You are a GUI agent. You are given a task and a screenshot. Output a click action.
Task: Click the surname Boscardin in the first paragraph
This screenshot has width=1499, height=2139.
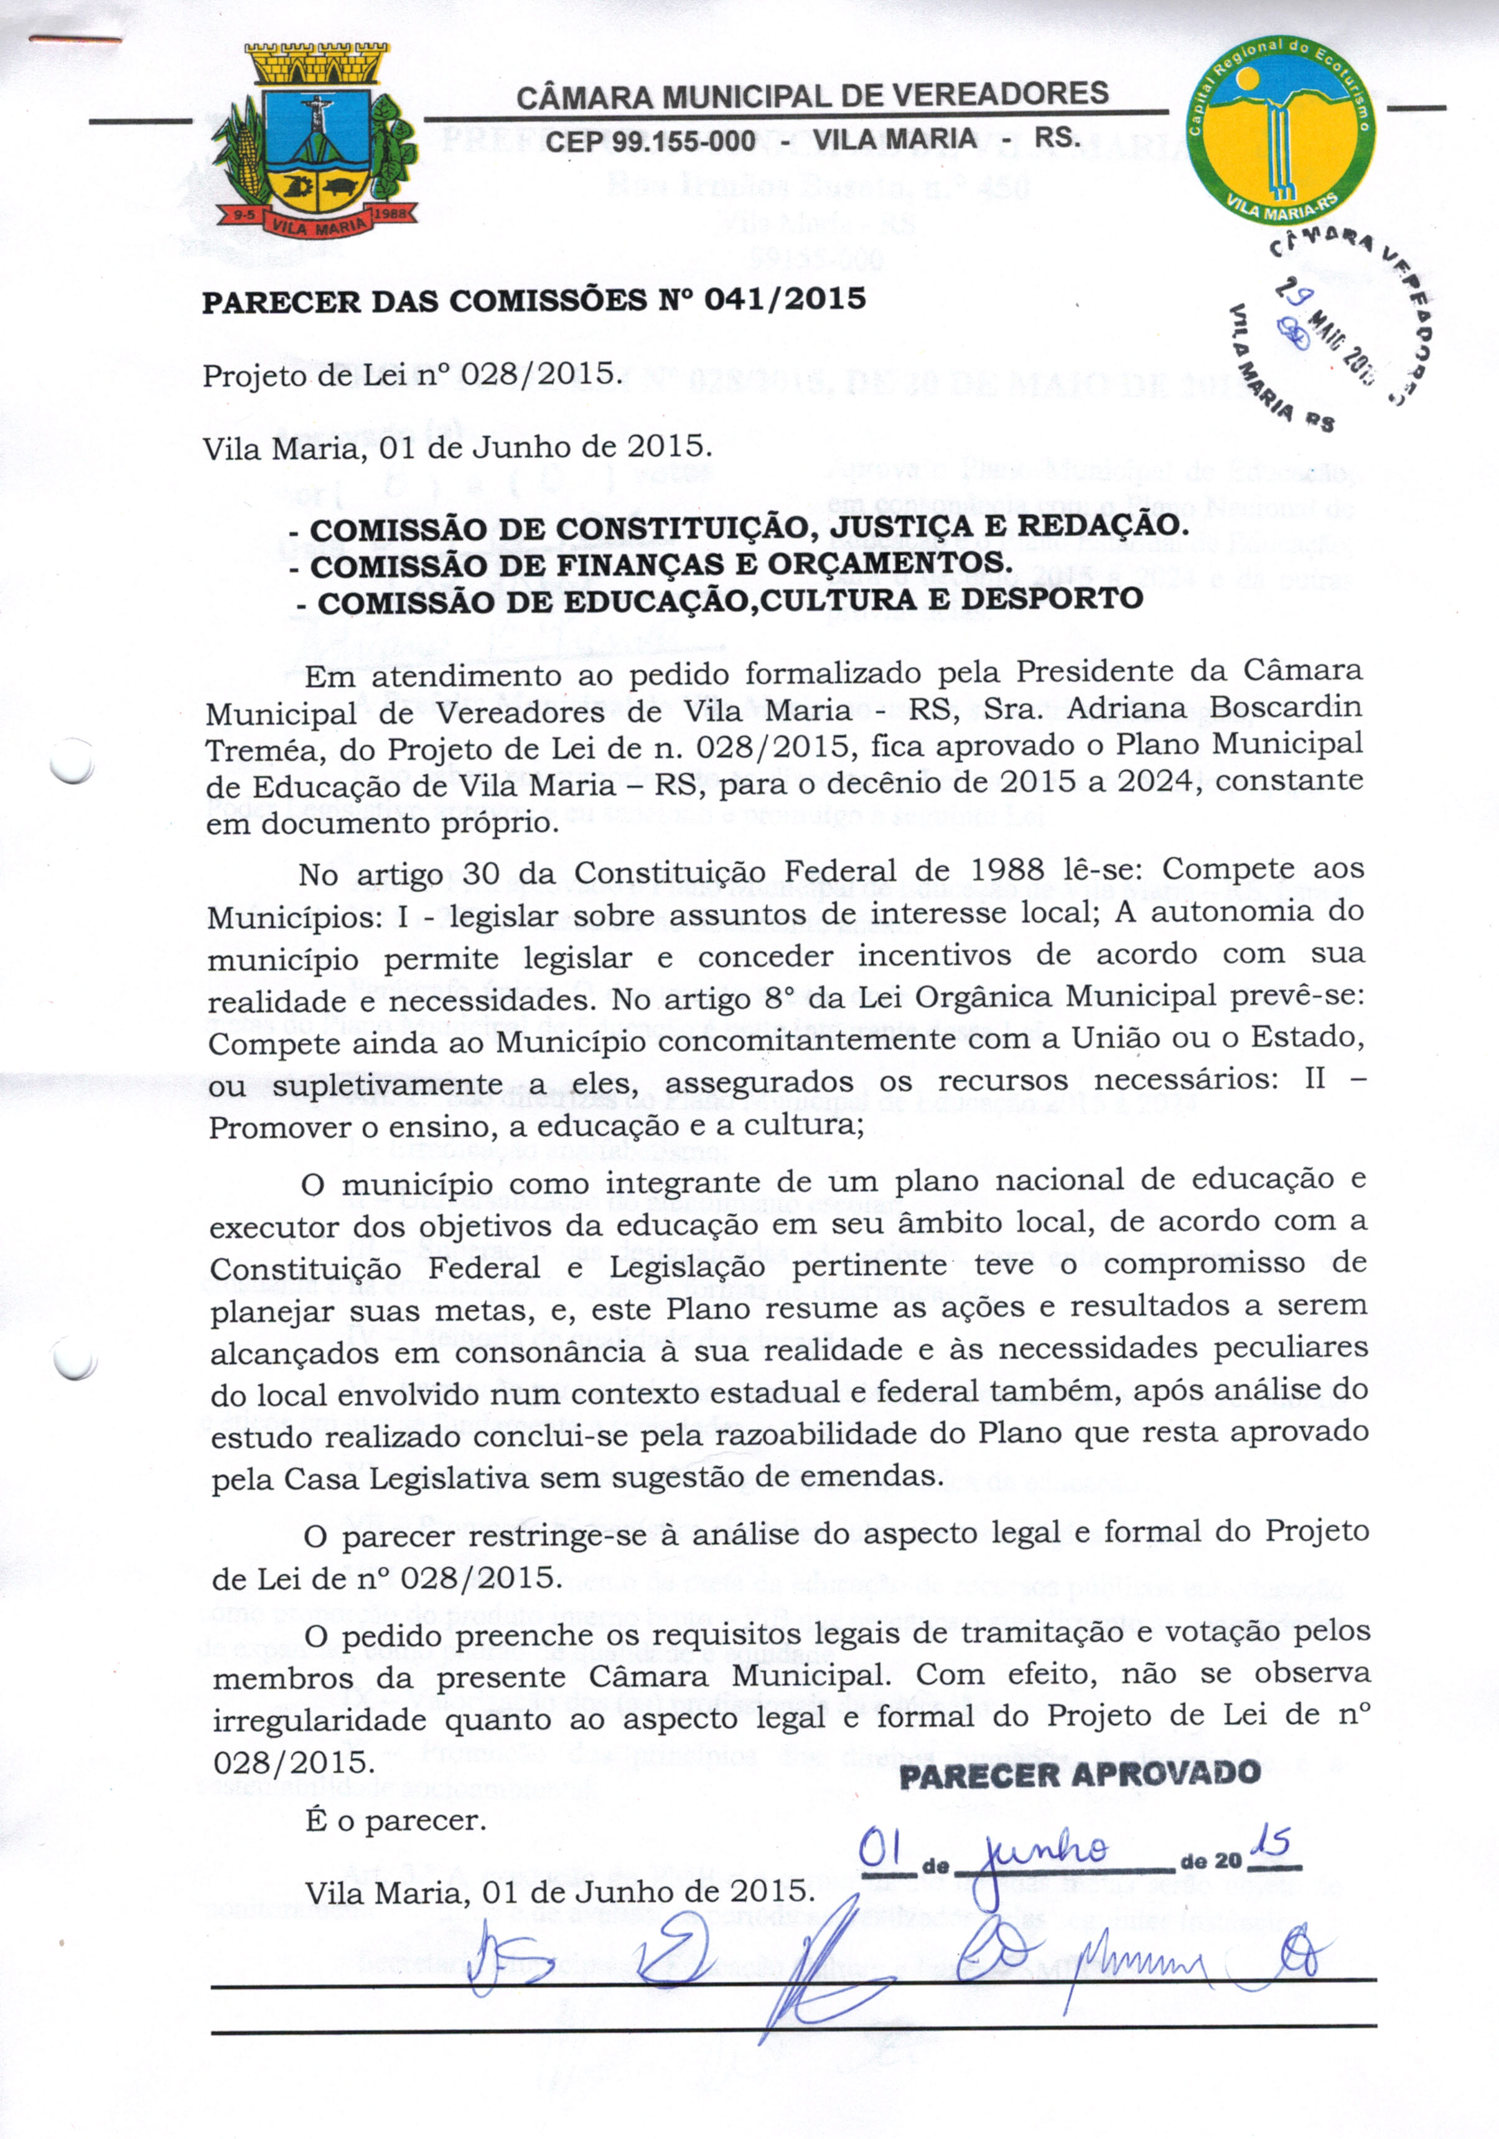[x=1287, y=707]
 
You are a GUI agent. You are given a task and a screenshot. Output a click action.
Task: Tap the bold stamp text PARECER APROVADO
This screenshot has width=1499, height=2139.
[x=1080, y=1774]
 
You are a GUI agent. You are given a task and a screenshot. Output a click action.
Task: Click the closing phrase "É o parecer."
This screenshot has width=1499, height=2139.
[x=395, y=1820]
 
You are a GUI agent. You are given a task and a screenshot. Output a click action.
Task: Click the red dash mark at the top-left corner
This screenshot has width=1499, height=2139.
[x=75, y=39]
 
